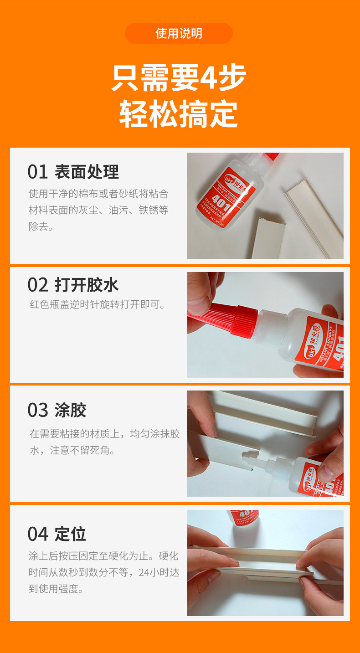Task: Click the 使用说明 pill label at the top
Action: tap(179, 33)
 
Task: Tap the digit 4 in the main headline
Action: tap(208, 77)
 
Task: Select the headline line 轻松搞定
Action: tap(179, 114)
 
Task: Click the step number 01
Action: tap(38, 172)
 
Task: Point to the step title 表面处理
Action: tap(87, 172)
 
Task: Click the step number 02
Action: tap(38, 285)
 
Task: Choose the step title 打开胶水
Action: tap(87, 285)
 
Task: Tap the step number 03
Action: tap(38, 410)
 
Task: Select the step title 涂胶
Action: tap(71, 410)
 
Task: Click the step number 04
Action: tap(38, 534)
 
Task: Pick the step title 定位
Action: tap(71, 534)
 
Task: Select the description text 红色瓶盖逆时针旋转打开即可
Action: tap(98, 304)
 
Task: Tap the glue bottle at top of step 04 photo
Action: tap(242, 517)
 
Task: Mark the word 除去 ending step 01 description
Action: tap(38, 226)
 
